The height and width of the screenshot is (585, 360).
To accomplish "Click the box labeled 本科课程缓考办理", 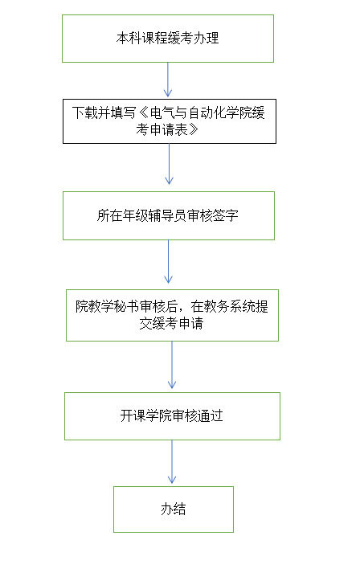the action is coord(168,39).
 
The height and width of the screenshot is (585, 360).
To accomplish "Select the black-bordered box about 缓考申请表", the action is coord(170,121).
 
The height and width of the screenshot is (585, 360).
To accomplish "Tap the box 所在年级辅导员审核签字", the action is coord(169,215).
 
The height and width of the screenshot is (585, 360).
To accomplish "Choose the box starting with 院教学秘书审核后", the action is coord(172,315).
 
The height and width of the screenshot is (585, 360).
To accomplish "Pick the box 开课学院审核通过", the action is coord(172,416).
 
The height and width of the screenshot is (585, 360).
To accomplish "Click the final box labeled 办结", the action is coord(174,509).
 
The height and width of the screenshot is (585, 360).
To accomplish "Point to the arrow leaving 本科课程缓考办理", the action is coord(168,80).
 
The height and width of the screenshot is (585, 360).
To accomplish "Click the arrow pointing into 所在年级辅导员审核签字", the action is coord(169,164).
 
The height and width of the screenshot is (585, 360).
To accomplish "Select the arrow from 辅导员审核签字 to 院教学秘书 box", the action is coord(168,261).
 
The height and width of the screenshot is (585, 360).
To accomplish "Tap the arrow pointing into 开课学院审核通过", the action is coord(172,365).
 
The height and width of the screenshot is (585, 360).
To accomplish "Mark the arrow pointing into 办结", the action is coord(172,462).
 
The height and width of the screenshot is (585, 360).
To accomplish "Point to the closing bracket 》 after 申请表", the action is coord(194,129).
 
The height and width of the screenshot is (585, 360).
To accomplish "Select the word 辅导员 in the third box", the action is coord(168,215).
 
